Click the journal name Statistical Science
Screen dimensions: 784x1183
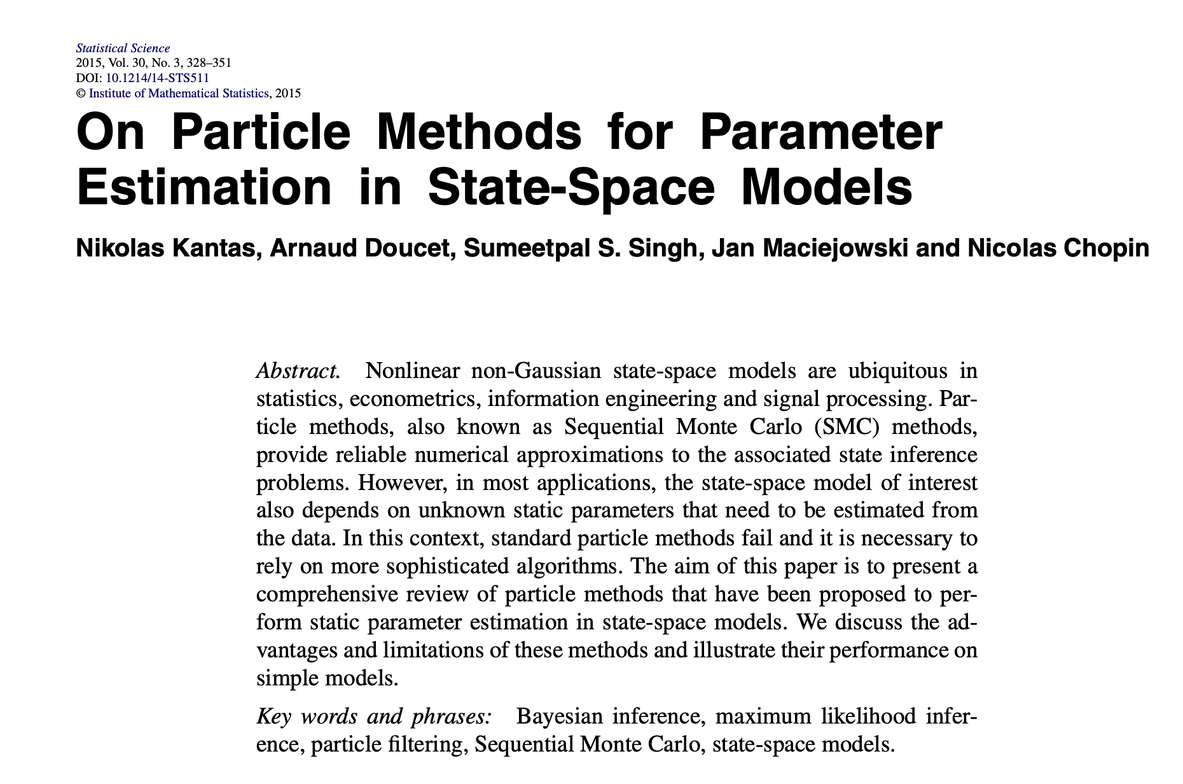(123, 48)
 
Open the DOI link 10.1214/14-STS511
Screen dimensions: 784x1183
(157, 78)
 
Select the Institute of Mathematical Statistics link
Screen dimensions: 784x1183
(178, 94)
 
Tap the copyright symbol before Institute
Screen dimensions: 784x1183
(80, 94)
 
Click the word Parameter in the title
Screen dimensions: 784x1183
(820, 132)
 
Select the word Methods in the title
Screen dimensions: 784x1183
(479, 132)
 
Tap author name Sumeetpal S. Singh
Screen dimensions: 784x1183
(581, 249)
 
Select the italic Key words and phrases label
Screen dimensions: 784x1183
(374, 717)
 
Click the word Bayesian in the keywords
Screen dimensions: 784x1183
(559, 717)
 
